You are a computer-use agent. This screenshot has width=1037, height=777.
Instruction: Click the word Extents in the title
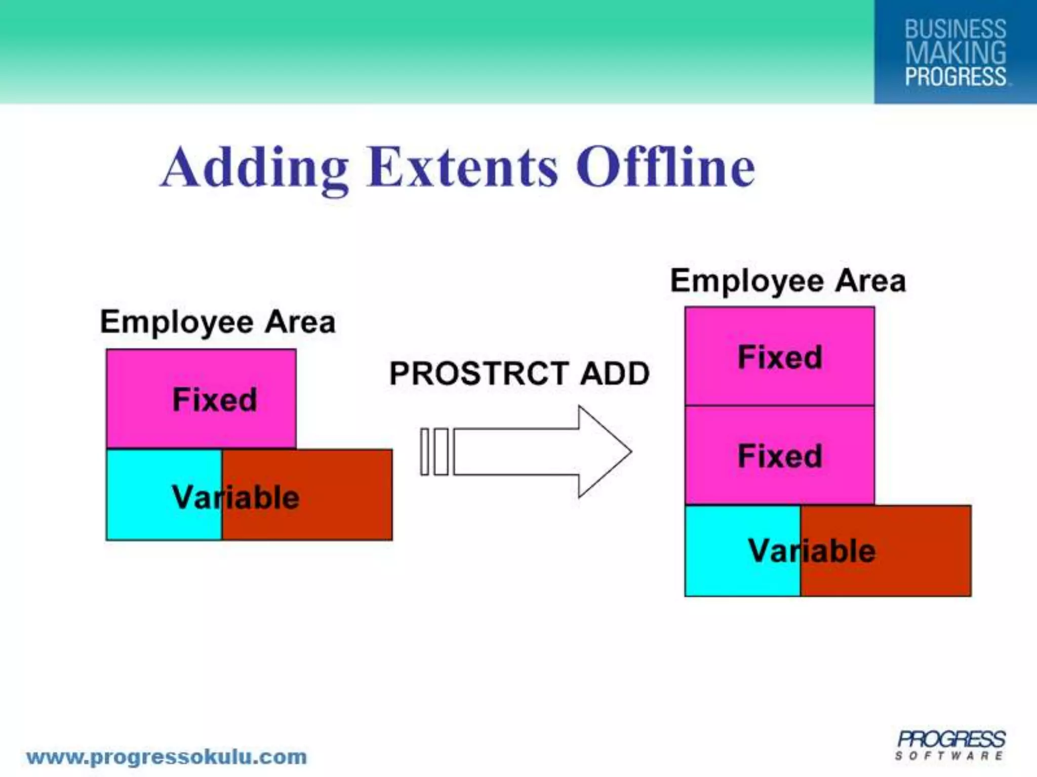coord(463,167)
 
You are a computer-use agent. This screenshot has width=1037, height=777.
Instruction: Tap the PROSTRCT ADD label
coord(519,374)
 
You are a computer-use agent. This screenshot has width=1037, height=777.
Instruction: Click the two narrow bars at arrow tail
coord(434,452)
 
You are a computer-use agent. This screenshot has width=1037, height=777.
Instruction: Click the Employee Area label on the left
coord(218,322)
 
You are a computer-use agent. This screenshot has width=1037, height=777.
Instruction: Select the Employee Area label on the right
coord(788,281)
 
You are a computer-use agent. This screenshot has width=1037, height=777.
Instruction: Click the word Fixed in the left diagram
coord(215,400)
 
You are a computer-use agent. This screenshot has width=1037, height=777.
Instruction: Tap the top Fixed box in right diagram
coord(779,357)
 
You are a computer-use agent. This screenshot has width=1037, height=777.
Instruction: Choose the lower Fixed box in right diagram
coord(779,455)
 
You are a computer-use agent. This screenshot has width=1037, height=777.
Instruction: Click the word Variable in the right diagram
coord(812,551)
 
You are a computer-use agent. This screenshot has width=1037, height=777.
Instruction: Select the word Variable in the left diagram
coord(235,497)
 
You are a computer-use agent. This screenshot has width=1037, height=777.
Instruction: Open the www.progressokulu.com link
coord(167,757)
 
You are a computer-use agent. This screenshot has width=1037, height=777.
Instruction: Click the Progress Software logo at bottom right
coord(950,745)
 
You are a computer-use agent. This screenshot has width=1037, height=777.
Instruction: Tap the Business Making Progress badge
coord(955,52)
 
